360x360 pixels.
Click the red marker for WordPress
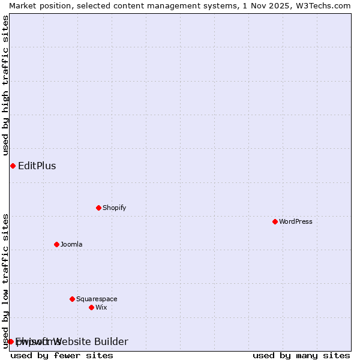275,221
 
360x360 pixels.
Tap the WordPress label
296,221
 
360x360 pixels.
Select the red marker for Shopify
98,208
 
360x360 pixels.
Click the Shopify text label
115,208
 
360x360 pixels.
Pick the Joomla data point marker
56,244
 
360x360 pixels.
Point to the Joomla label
71,244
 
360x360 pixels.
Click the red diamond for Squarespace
72,299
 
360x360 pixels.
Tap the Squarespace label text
97,299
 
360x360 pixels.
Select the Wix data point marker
91,307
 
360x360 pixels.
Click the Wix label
101,307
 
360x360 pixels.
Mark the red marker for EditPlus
13,166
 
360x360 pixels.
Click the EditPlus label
37,166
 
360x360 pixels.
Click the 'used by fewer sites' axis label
62,355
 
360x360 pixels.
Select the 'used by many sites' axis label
301,355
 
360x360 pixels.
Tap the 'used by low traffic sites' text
6,281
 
